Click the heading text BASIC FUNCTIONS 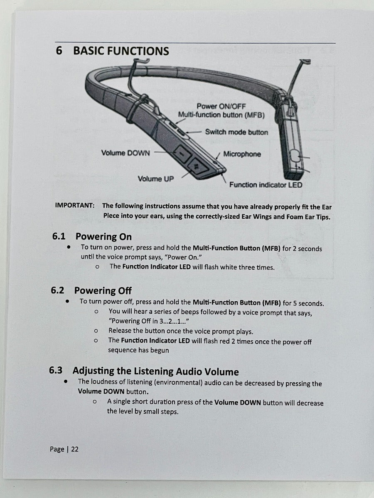point(121,51)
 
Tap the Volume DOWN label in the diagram point(125,153)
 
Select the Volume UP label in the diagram point(156,179)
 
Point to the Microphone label point(242,154)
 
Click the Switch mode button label point(236,132)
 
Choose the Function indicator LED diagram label point(266,185)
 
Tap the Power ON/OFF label point(221,106)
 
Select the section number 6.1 point(59,237)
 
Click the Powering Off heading point(103,290)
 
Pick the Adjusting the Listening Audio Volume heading point(156,371)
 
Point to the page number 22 point(74,449)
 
